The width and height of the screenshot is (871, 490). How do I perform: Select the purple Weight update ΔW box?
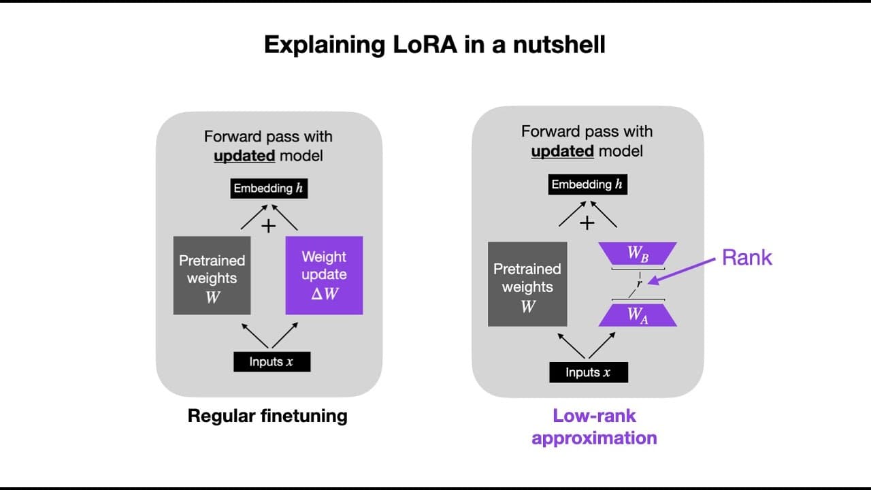tap(324, 276)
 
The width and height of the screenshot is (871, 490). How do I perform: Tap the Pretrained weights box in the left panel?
tap(212, 276)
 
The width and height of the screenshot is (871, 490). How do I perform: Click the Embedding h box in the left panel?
tap(268, 189)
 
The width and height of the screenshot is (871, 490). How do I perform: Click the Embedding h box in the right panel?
tap(586, 184)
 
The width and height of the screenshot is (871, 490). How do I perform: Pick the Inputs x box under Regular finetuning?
tap(272, 361)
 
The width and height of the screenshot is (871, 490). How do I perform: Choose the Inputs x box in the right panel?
tap(588, 372)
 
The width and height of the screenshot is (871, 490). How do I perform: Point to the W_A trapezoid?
tap(638, 314)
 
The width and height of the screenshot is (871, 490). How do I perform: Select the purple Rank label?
tap(746, 257)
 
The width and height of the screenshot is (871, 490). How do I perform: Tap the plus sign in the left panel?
tap(269, 226)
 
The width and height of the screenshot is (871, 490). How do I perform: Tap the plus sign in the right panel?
tap(587, 223)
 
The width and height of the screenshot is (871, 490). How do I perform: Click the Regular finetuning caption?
tap(267, 416)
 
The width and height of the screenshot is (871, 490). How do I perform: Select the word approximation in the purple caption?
tap(594, 438)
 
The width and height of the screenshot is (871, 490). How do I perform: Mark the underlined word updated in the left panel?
tap(244, 156)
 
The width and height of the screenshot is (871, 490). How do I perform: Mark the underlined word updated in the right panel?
tap(562, 150)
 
